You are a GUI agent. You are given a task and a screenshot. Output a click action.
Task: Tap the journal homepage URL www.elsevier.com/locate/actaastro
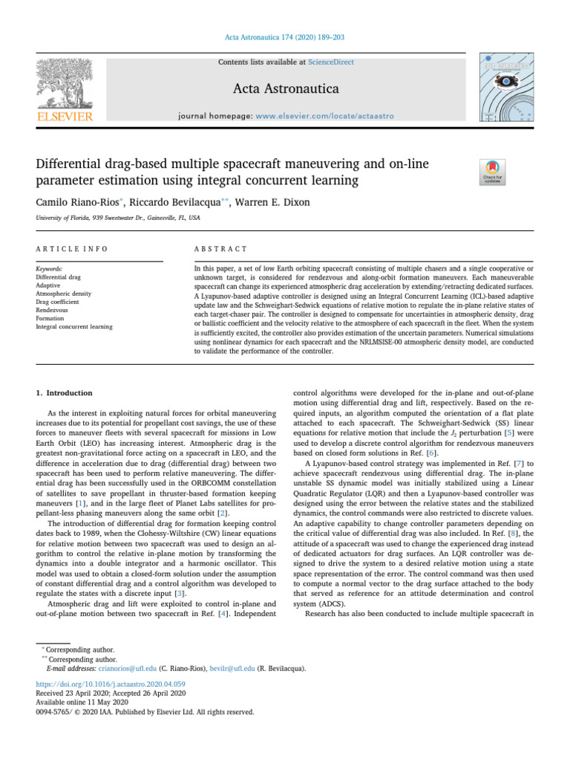point(325,117)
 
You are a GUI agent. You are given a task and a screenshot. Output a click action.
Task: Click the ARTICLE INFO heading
point(72,249)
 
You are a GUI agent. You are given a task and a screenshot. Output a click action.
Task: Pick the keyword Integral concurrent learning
point(74,326)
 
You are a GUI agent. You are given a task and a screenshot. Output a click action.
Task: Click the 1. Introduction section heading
point(65,392)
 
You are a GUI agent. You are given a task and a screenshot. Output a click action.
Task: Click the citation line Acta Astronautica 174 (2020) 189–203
point(285,37)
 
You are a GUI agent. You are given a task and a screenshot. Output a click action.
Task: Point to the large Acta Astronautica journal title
point(285,89)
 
